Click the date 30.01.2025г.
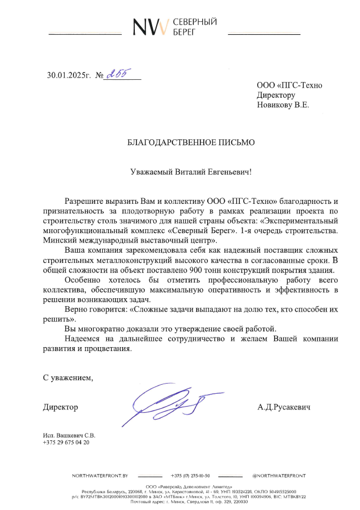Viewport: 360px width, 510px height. click(69, 75)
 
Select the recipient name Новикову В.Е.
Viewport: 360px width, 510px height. click(283, 104)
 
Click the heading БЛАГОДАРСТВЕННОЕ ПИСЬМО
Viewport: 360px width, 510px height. click(191, 143)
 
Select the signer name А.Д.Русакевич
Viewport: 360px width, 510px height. click(284, 407)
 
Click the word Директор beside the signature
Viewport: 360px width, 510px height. click(61, 407)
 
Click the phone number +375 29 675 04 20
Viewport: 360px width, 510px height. click(66, 443)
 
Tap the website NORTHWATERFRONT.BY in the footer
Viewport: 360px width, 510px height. click(100, 476)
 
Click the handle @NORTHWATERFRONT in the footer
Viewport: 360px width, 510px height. click(279, 476)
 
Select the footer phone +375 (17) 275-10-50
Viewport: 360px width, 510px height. click(190, 476)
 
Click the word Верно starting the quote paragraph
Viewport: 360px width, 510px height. click(77, 309)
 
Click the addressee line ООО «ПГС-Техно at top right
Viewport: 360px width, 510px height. click(289, 85)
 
